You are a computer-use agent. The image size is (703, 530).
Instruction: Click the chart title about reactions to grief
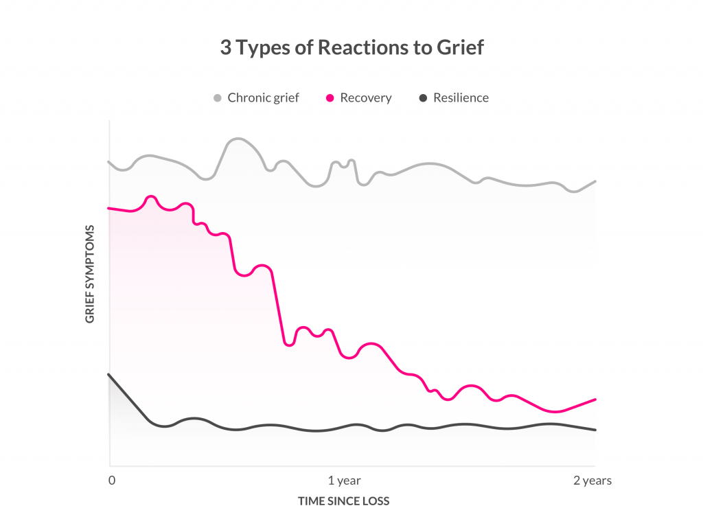(x=351, y=48)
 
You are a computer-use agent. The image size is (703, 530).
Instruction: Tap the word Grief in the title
(x=460, y=48)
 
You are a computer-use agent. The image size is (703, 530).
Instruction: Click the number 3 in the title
(x=225, y=48)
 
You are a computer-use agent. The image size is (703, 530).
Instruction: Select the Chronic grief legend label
(x=263, y=97)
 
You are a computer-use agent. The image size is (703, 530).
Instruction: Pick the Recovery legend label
(x=366, y=97)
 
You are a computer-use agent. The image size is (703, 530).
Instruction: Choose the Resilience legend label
(x=461, y=97)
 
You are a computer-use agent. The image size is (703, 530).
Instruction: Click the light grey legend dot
(x=218, y=97)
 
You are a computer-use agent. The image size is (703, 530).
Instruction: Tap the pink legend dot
(x=330, y=97)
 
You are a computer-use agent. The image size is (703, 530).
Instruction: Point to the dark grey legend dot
(x=423, y=97)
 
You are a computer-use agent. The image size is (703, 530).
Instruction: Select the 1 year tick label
(x=345, y=481)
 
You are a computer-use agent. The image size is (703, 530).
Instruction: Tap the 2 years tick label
(x=592, y=481)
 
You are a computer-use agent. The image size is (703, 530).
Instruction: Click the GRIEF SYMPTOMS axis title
(x=90, y=274)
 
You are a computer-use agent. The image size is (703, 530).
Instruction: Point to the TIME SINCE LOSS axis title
(x=343, y=501)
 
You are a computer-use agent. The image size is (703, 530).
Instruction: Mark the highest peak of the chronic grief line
(x=236, y=139)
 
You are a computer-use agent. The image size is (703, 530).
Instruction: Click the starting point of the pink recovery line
(x=109, y=207)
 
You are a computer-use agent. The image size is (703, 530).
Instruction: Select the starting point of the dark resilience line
(x=109, y=374)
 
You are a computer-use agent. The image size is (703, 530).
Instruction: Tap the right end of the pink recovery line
(x=595, y=399)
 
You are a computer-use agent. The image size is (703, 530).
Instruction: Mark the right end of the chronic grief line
(x=595, y=181)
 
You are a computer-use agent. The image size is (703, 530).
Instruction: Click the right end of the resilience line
(x=595, y=430)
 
